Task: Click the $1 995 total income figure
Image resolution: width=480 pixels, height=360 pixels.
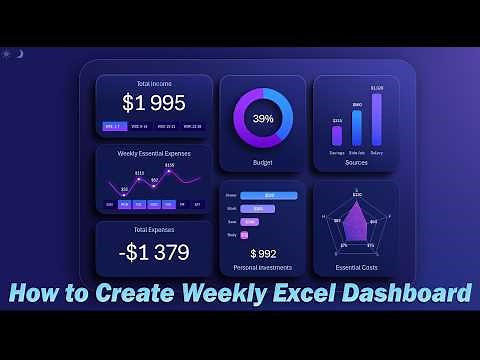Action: click(x=154, y=103)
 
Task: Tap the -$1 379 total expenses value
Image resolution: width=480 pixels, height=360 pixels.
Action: click(x=154, y=252)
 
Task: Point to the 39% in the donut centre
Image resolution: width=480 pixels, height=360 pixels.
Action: click(x=263, y=118)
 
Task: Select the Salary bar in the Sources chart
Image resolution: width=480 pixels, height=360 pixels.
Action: click(x=376, y=120)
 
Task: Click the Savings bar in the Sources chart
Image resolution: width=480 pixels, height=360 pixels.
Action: click(x=337, y=136)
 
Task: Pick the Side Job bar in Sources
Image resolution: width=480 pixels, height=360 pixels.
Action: click(x=357, y=128)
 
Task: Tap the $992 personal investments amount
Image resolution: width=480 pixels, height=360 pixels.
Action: click(x=263, y=254)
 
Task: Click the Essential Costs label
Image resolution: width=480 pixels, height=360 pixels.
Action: click(x=357, y=268)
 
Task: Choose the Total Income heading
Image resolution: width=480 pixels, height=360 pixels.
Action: click(x=154, y=83)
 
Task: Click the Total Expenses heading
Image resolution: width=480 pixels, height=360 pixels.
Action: click(x=154, y=230)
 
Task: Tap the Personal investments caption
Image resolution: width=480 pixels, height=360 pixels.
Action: click(x=263, y=268)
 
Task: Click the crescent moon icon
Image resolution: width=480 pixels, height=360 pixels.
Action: click(x=19, y=53)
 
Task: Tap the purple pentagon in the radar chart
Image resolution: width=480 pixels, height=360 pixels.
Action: click(x=356, y=222)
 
